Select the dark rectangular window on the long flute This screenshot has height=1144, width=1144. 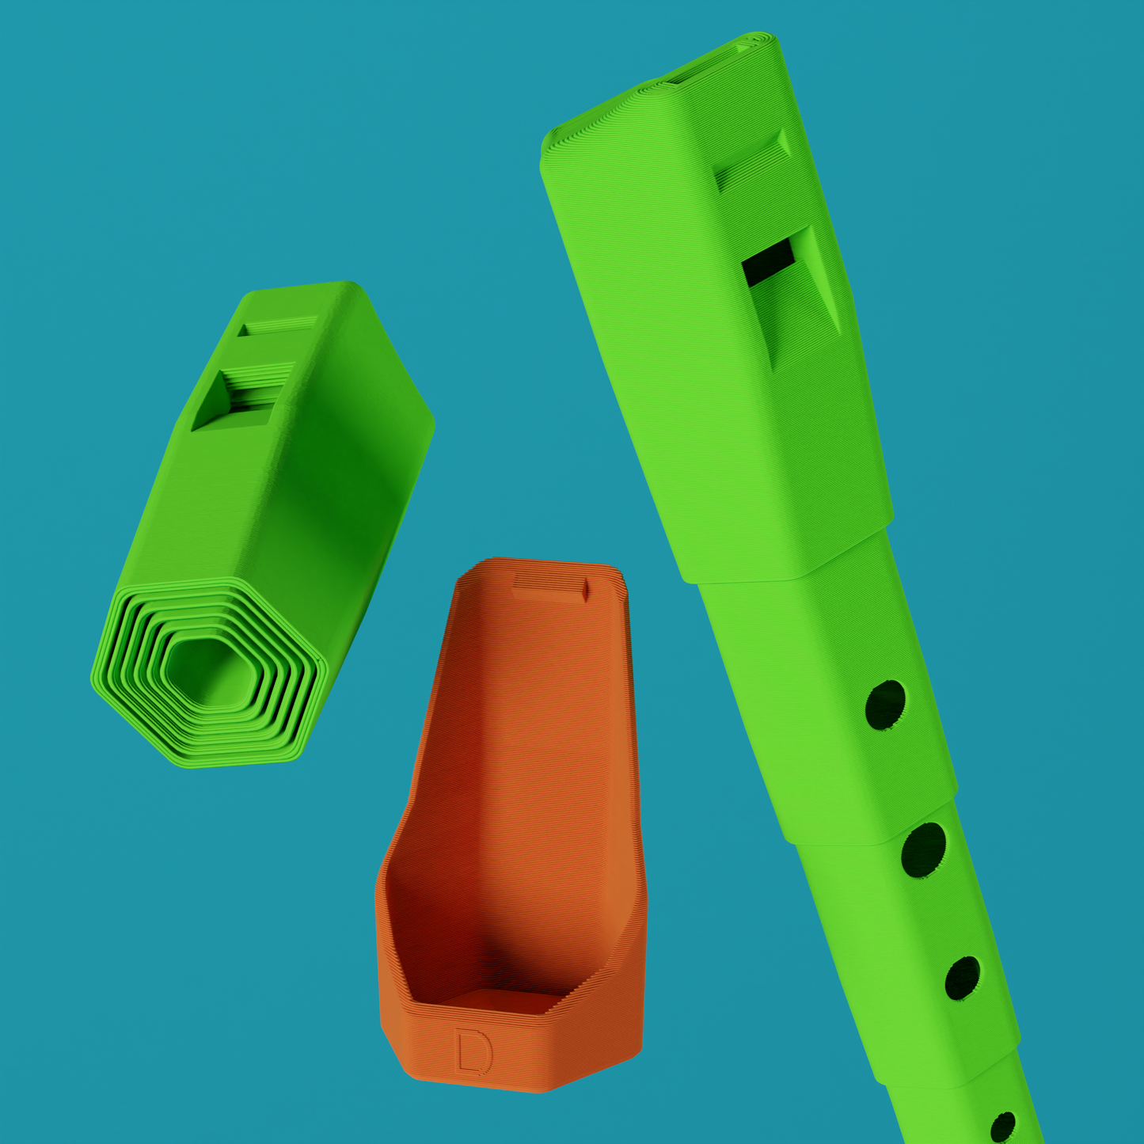tap(769, 262)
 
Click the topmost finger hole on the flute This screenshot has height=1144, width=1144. tap(885, 705)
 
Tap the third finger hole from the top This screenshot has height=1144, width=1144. tap(963, 978)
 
